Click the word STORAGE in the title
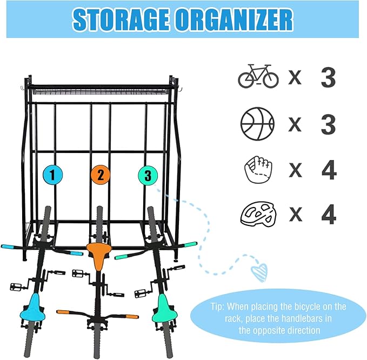[x=121, y=19]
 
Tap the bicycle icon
[x=258, y=76]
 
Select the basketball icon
[x=257, y=124]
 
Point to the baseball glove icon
[x=258, y=169]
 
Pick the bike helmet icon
[x=258, y=214]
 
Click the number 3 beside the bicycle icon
[x=328, y=77]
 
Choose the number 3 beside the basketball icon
[x=328, y=124]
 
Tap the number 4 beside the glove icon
[x=329, y=170]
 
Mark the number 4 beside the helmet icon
[x=329, y=215]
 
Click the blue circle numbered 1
[x=52, y=175]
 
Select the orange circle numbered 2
[x=101, y=175]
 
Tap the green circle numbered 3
[x=148, y=175]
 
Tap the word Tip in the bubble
[x=217, y=307]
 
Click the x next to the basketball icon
[x=295, y=124]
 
